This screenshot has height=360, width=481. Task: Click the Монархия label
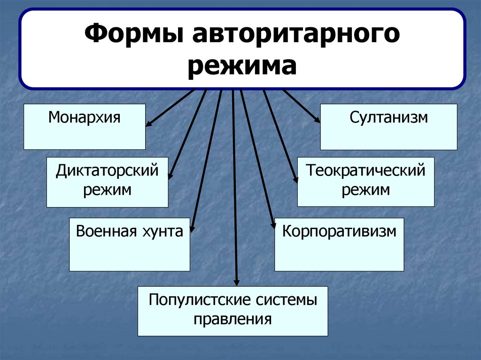(x=84, y=117)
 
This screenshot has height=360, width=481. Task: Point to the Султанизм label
(x=388, y=117)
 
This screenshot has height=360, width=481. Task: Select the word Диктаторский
(x=107, y=170)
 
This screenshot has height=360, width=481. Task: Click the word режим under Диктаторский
(x=107, y=190)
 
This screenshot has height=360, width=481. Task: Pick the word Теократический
(x=366, y=170)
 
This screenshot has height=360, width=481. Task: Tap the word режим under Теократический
(x=366, y=190)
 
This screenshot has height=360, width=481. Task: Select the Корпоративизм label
(x=339, y=231)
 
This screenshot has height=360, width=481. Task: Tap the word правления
(x=233, y=319)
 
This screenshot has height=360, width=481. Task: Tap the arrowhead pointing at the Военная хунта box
(x=193, y=229)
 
